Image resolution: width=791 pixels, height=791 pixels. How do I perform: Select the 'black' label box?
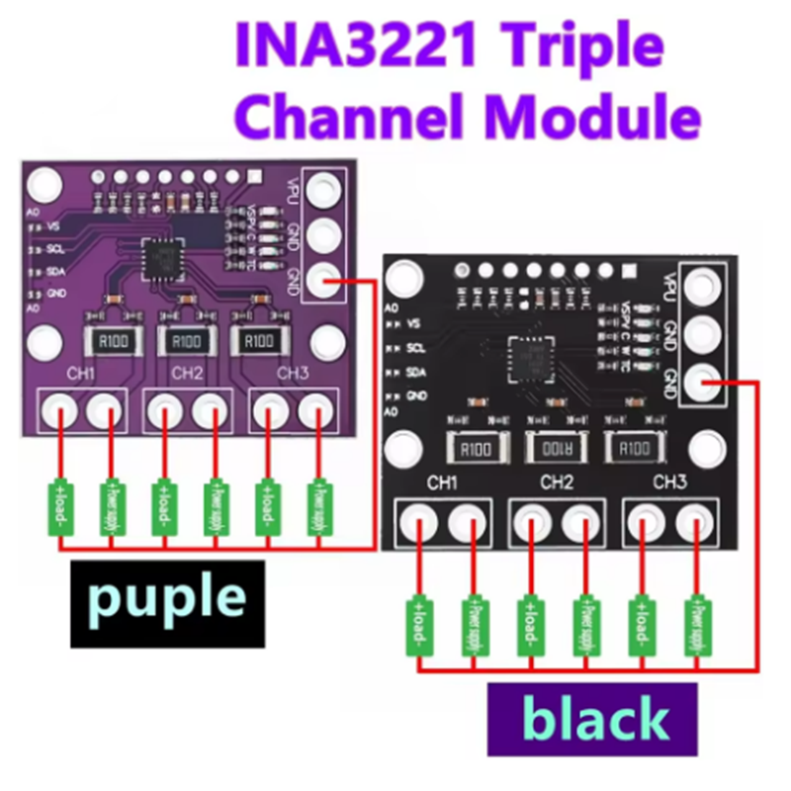point(594,719)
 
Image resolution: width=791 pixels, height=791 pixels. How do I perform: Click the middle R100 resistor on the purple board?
point(186,340)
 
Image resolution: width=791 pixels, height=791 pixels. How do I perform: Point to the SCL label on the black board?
point(415,348)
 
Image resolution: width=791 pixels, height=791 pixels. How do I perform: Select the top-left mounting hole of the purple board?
point(42,184)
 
